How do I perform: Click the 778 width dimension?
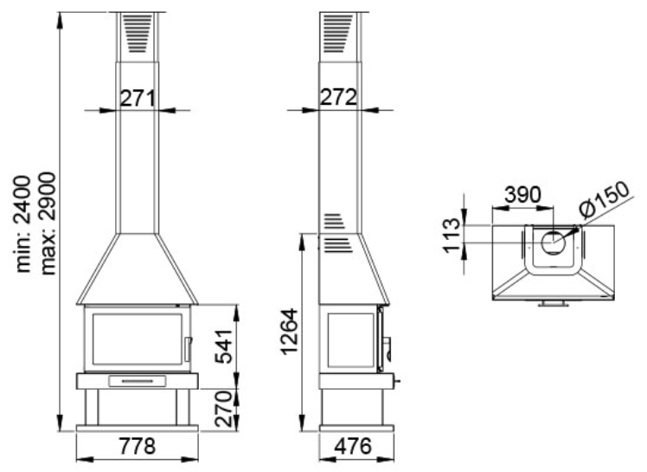coord(138,446)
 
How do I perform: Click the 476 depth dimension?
coord(353,446)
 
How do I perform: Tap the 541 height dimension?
coord(225,346)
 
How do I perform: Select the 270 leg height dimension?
coord(225,409)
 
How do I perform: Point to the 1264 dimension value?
coord(289,332)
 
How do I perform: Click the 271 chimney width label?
coord(138,99)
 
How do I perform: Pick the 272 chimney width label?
coord(338,98)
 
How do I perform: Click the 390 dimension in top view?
coord(522,195)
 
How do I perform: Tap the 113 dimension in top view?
coord(452,236)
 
